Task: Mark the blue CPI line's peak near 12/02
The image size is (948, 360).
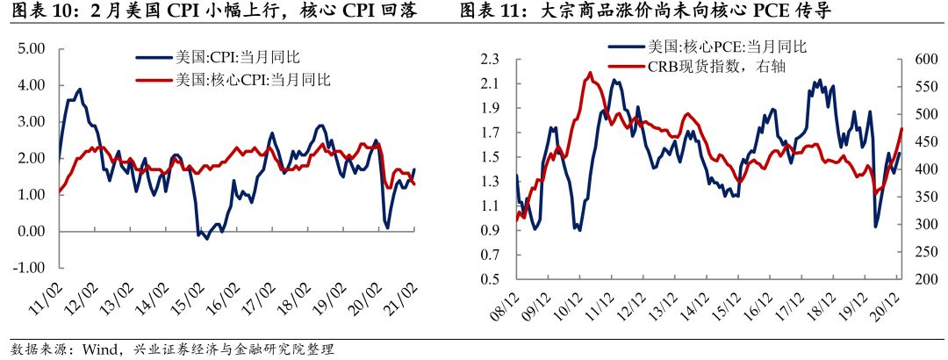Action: coord(80,89)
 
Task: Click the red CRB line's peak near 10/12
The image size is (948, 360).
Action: coord(590,73)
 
